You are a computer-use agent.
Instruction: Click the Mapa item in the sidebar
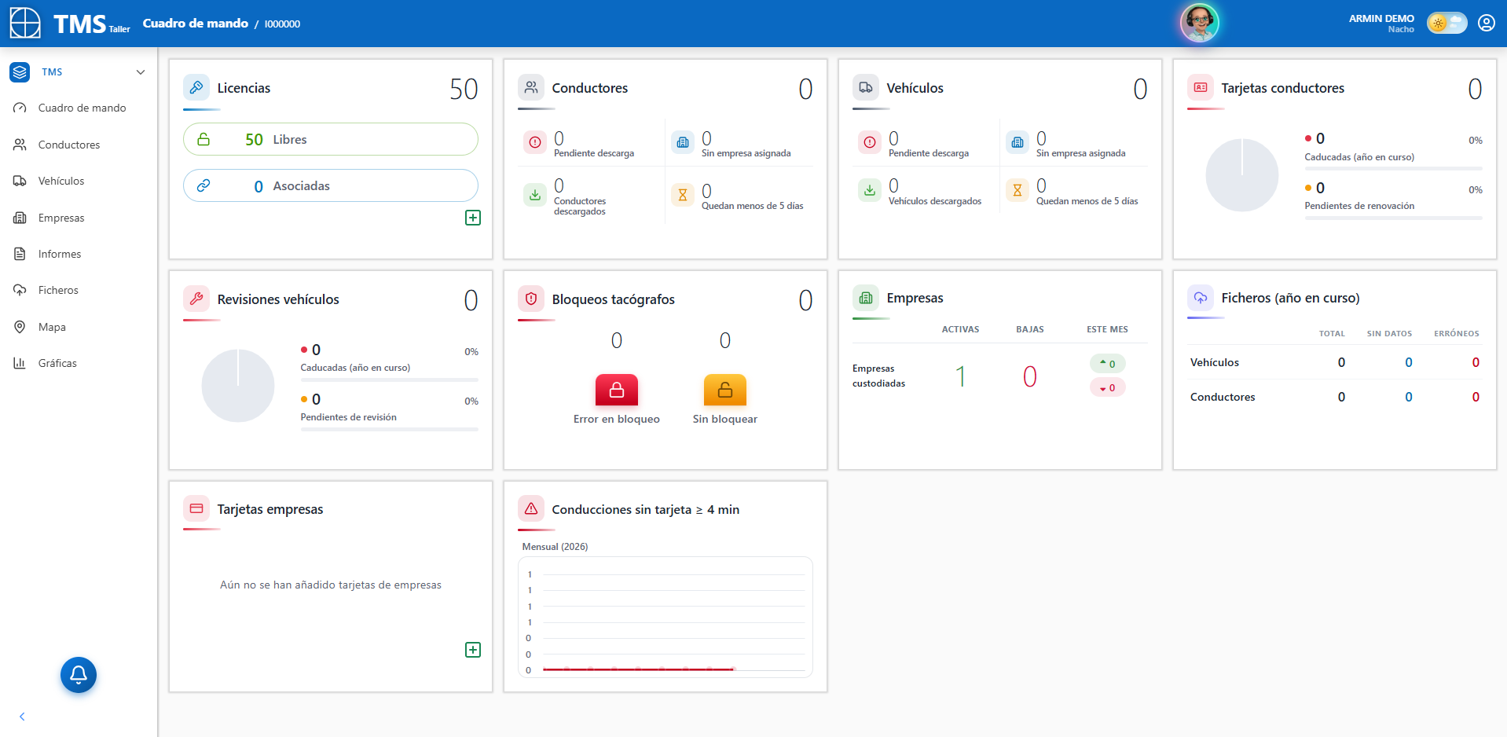click(52, 327)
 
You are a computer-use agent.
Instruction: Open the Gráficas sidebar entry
click(57, 363)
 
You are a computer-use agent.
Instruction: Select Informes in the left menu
click(60, 254)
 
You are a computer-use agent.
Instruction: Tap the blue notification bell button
click(79, 675)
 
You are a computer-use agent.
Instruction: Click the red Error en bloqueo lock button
click(617, 390)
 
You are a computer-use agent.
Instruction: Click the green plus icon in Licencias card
click(473, 218)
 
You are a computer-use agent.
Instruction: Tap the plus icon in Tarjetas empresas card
click(473, 650)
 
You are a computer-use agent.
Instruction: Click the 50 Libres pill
click(331, 139)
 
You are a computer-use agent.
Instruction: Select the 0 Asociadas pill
click(331, 185)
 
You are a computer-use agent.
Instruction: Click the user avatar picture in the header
click(1200, 23)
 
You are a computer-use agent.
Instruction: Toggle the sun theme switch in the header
click(1446, 23)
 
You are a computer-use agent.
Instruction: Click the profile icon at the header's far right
click(1487, 23)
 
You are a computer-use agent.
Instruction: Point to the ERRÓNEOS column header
click(1457, 333)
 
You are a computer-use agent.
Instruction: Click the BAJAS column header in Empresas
click(1030, 329)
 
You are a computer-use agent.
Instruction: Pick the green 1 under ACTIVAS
click(960, 376)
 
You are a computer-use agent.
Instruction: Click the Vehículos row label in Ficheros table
click(1215, 362)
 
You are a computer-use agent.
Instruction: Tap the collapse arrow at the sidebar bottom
click(22, 717)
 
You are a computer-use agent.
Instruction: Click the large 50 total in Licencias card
click(464, 89)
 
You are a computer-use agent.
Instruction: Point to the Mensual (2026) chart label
click(555, 547)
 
